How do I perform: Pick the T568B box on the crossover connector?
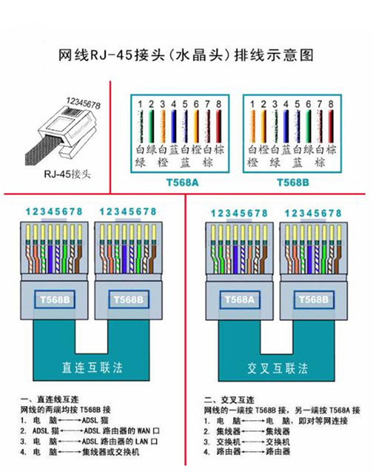(313, 299)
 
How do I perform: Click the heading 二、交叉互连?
(229, 400)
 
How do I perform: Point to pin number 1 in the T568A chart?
(139, 104)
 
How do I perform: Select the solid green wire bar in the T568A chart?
(151, 126)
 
